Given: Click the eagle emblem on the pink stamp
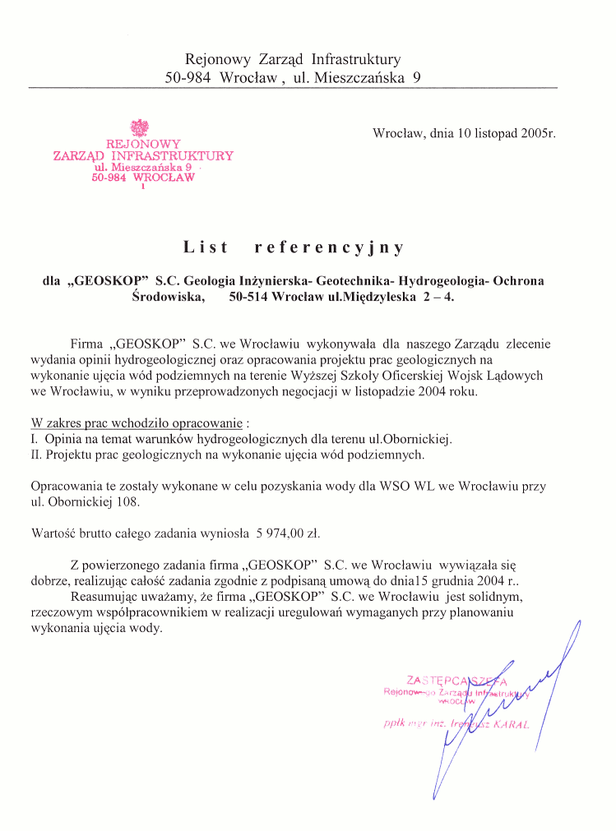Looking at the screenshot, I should pos(140,127).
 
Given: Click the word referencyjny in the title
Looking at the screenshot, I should pos(329,247).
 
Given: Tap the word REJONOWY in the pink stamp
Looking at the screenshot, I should pos(142,144).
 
